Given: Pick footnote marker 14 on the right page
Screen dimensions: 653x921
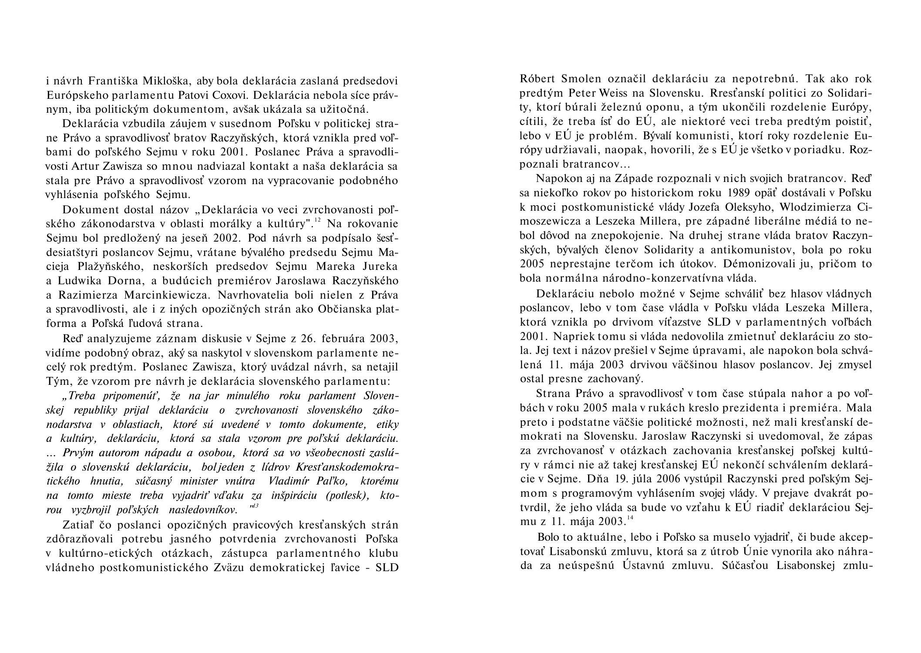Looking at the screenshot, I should coord(630,517).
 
